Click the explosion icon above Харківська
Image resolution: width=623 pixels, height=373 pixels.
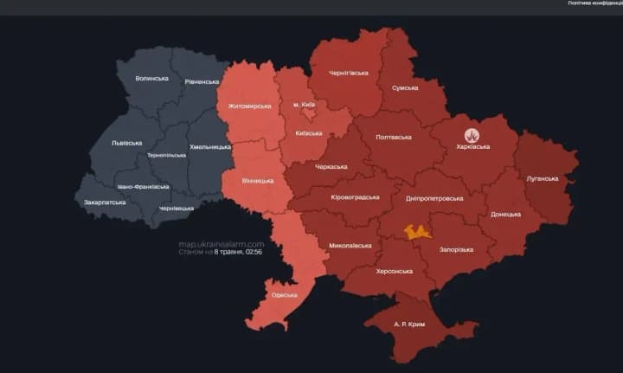click(x=472, y=135)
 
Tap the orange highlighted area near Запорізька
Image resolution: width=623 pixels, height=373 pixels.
click(x=418, y=231)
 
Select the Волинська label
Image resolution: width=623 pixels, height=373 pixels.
click(x=151, y=79)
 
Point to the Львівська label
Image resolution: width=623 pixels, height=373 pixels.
click(x=126, y=143)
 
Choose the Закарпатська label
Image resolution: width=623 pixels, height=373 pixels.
click(x=105, y=203)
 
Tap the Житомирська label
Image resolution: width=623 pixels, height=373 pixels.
click(x=249, y=106)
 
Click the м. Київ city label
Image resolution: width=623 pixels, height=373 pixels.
click(x=305, y=105)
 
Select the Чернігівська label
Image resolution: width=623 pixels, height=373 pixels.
click(x=349, y=74)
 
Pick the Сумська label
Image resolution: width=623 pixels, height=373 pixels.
click(x=405, y=87)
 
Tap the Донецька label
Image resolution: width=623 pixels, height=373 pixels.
click(x=505, y=214)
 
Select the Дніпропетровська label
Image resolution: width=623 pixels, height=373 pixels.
click(x=434, y=198)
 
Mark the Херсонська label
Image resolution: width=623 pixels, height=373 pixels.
click(x=394, y=271)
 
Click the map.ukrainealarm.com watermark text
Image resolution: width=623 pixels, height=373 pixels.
click(x=221, y=244)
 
